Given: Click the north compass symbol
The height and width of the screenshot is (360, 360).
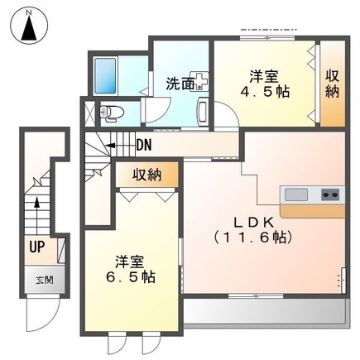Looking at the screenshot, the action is coord(29,26).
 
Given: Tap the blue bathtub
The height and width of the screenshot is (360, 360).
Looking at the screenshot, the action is coord(105,75).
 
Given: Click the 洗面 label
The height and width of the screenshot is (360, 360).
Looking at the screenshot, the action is coord(180,84).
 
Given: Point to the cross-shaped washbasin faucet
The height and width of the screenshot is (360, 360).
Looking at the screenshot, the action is coord(199,80).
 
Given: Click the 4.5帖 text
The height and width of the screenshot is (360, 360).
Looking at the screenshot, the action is coord(266,92).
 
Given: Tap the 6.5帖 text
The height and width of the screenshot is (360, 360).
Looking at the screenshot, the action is coord(131,277).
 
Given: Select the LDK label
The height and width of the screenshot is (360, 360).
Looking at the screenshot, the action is coord(254,223).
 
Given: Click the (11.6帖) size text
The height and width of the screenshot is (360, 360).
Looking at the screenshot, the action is coord(253,237).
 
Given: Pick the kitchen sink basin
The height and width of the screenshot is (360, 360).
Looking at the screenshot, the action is coord(296,194).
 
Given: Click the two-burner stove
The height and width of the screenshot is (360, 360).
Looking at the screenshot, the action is coord(330,194).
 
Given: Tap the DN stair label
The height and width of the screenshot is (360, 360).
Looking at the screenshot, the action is coord(144,145).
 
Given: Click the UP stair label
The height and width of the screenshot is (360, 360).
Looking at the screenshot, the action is coord(37,247).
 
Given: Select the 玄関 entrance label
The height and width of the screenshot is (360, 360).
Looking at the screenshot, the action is coord(44,281).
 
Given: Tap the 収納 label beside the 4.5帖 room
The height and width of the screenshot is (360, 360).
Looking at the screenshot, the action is coord(333,84).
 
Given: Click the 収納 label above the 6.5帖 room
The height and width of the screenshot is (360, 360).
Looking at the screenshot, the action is coord(147,175).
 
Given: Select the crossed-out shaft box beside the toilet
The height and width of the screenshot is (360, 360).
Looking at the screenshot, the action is coord(89,113).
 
